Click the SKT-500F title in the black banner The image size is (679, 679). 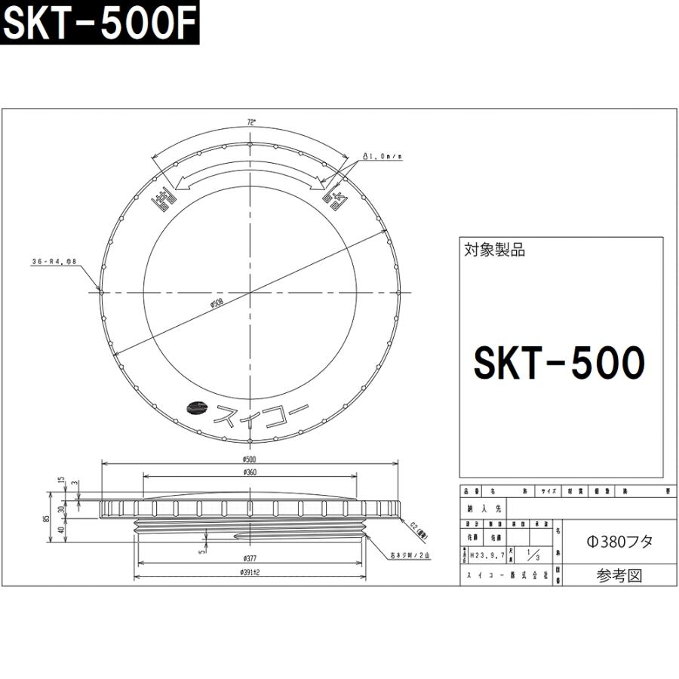99,26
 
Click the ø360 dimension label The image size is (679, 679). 250,472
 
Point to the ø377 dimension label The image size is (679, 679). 250,558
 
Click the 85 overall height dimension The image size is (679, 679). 46,518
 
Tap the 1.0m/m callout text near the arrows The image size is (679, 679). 383,156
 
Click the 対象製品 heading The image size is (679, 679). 495,250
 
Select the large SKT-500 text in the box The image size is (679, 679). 559,363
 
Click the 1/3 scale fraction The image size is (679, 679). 532,556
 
